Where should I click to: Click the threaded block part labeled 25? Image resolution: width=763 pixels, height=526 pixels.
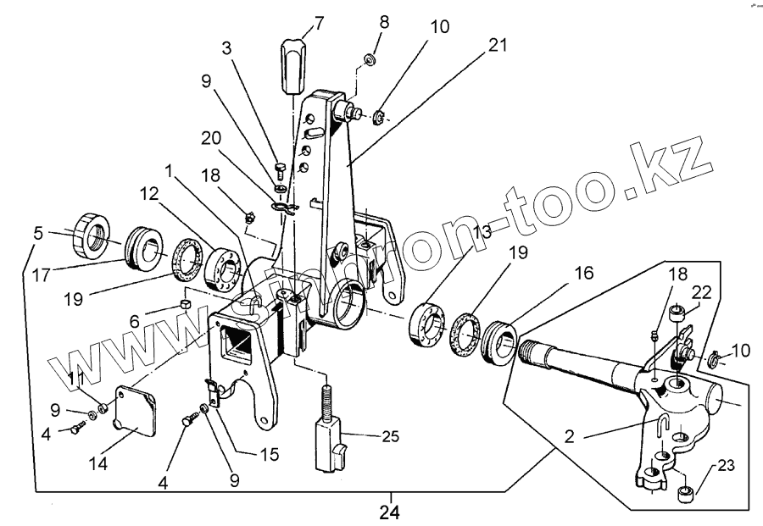tap(328, 440)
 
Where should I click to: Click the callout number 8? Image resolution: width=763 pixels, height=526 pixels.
tap(385, 22)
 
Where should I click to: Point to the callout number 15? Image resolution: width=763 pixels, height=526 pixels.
tap(269, 454)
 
